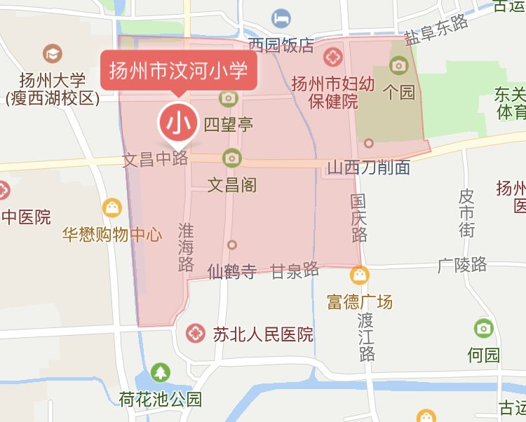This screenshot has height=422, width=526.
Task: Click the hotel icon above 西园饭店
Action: (282, 16)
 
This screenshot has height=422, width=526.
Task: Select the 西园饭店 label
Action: (281, 46)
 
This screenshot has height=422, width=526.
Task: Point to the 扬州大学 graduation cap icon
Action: (52, 53)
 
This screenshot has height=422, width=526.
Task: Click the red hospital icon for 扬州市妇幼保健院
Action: (333, 55)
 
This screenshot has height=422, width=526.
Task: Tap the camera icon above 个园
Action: (399, 66)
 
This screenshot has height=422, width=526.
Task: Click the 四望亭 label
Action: (228, 125)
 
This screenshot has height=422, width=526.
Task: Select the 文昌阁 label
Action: (232, 185)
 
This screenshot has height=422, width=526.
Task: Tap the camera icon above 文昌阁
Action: (231, 158)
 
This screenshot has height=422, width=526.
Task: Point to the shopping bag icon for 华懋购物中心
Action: (112, 207)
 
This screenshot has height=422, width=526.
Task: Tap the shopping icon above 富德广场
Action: (360, 275)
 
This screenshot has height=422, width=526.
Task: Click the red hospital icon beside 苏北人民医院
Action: (196, 334)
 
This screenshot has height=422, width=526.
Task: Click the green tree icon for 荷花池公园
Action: (161, 372)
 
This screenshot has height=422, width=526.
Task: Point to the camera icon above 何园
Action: (483, 328)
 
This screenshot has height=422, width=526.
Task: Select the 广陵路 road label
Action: (461, 264)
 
